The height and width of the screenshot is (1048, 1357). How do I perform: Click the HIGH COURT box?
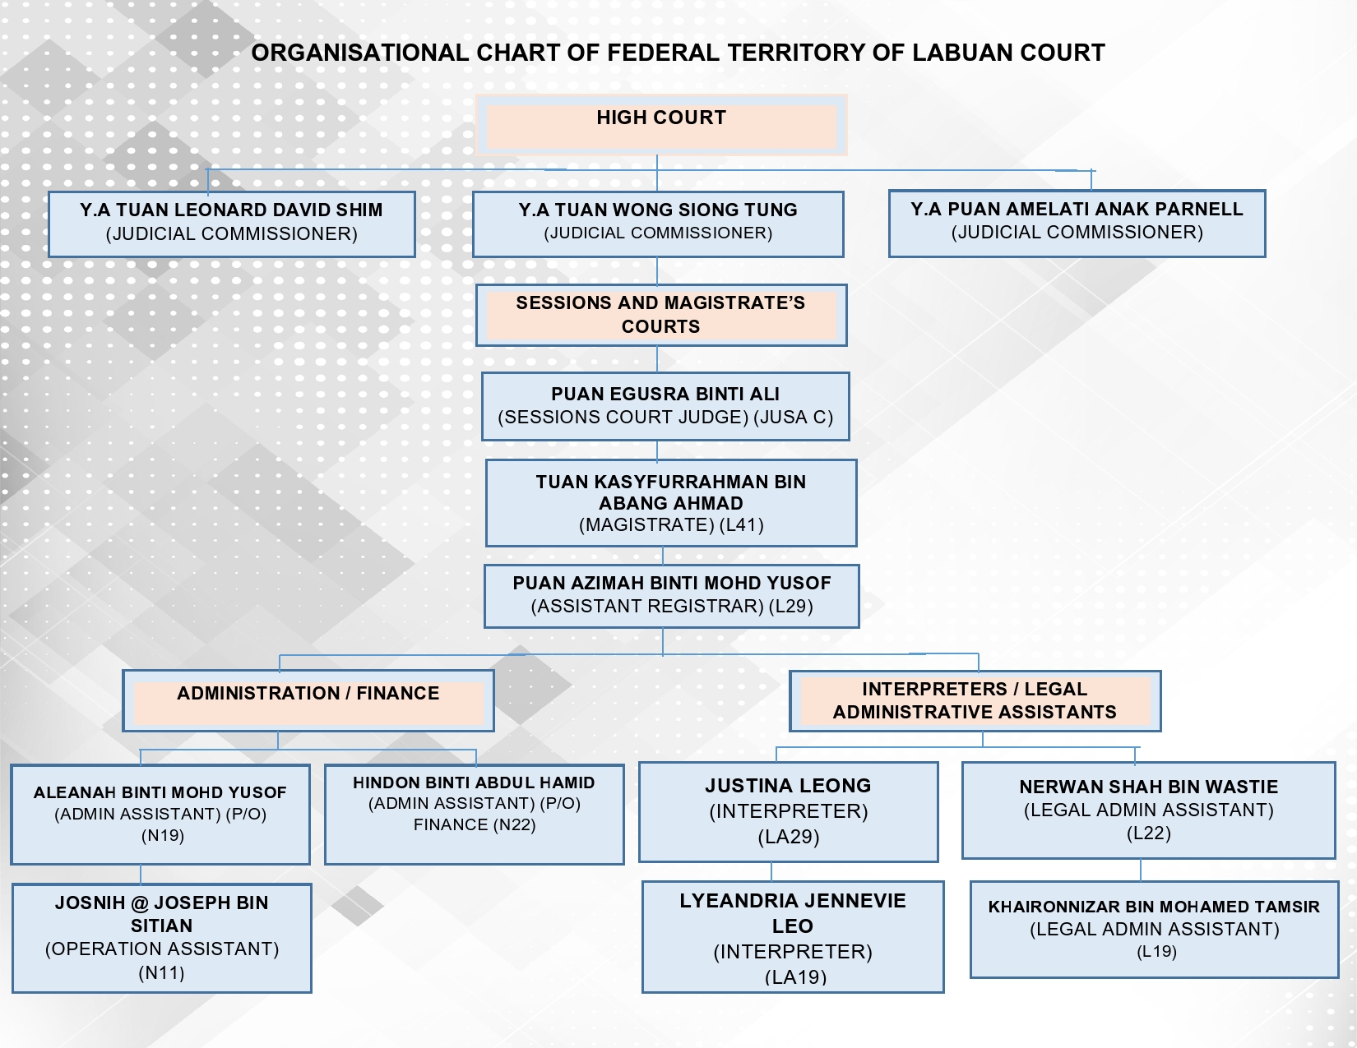pos(661,125)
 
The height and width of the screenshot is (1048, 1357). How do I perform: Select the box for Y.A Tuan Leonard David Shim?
pos(232,224)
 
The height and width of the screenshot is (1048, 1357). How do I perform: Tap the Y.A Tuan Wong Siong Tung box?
pos(658,224)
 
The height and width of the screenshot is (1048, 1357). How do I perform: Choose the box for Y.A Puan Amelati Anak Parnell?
pos(1077,224)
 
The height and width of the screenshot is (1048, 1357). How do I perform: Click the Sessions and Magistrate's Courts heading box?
pos(661,315)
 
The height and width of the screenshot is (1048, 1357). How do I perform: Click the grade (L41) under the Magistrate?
pos(741,525)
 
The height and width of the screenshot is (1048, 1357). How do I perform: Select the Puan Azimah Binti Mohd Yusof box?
pos(672,596)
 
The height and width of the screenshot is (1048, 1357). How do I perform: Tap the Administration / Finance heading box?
pos(308,700)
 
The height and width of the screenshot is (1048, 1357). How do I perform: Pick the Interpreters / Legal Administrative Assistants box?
pos(975,700)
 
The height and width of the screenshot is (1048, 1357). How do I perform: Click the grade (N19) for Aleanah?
pos(162,836)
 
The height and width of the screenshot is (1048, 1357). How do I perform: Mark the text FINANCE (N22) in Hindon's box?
pos(475,824)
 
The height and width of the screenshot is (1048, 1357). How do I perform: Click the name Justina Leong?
pos(788,785)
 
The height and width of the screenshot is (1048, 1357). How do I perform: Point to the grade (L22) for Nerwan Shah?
pos(1148,833)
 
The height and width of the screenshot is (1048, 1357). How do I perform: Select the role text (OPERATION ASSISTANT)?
pos(162,949)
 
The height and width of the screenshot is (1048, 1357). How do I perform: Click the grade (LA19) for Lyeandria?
pos(795,976)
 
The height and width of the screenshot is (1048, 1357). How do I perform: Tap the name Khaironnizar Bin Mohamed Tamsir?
pos(1154,907)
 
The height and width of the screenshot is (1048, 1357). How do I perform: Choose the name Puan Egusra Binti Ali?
pos(665,394)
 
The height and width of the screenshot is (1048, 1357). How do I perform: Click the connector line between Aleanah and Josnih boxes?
pos(141,875)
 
